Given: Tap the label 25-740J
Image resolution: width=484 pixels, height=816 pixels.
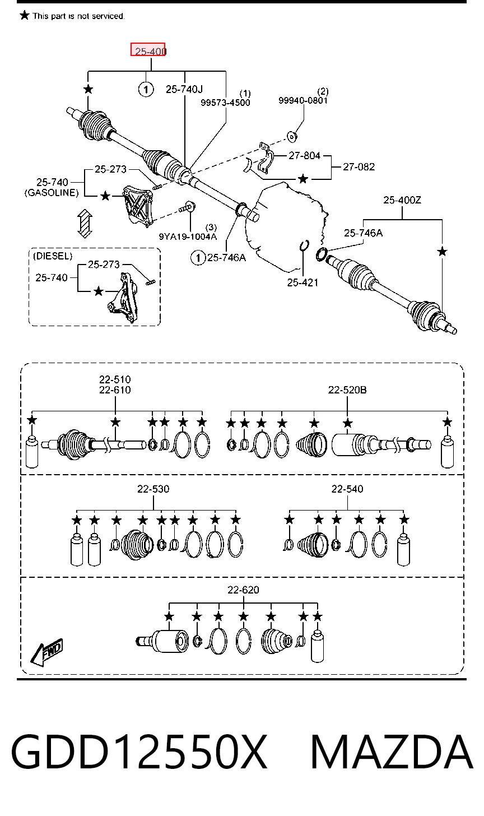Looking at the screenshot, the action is [x=184, y=89].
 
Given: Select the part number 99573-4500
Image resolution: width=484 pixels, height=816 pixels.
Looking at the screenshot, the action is [x=225, y=103].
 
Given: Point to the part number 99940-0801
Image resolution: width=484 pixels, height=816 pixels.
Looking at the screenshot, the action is [x=303, y=100].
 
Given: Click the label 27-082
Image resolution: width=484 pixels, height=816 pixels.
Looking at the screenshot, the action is [x=359, y=167].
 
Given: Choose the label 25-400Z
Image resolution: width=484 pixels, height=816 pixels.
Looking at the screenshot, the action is [x=402, y=200].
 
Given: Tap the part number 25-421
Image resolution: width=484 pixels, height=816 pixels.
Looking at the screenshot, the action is [x=302, y=282].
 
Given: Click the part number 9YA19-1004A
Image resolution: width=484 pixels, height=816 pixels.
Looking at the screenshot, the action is [x=188, y=237].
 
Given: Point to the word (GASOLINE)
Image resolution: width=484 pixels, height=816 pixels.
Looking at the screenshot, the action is [x=52, y=193].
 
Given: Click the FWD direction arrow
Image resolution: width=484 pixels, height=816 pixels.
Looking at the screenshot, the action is [x=46, y=652].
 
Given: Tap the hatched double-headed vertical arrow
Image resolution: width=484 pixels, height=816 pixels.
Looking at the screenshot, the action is [x=85, y=223].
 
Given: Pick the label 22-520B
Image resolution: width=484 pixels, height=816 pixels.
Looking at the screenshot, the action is [x=347, y=390].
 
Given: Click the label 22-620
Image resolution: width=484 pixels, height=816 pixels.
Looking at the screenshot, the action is [x=243, y=590].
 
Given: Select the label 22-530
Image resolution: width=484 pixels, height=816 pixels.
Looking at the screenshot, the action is [x=153, y=489].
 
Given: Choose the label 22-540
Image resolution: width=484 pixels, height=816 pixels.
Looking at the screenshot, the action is [x=347, y=489].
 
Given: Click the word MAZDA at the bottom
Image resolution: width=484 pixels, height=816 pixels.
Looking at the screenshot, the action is [x=392, y=752].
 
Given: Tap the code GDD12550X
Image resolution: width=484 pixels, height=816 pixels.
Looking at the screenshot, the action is [x=139, y=752].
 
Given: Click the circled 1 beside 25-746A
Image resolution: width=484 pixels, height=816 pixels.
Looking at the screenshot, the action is [x=198, y=258].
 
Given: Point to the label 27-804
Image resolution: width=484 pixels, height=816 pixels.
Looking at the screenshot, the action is [x=304, y=156].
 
